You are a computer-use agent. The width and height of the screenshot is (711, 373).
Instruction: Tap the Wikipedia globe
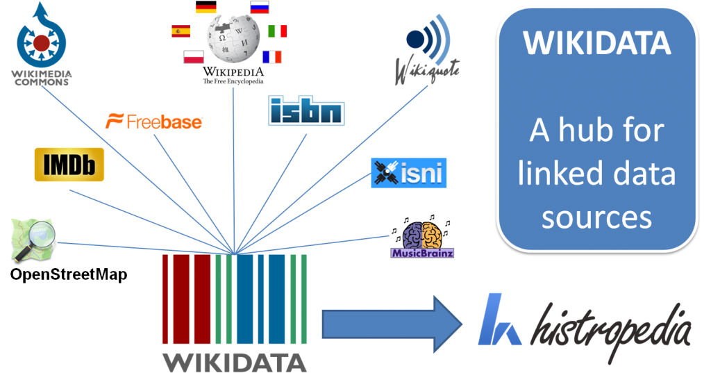[x=233, y=38]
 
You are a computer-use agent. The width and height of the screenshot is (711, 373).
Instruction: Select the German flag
[x=206, y=9]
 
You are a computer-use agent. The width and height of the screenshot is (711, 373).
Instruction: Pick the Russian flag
[x=260, y=8]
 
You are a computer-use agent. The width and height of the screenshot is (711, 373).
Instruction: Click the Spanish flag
[x=181, y=31]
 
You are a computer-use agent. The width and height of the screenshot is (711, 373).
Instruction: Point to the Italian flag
[x=278, y=31]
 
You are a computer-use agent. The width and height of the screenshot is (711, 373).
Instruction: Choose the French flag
[x=271, y=57]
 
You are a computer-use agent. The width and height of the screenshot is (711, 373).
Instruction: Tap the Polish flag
[x=194, y=57]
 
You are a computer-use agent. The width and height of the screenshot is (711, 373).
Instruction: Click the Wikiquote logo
[x=428, y=49]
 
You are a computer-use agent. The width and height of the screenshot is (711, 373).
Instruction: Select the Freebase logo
[x=153, y=122]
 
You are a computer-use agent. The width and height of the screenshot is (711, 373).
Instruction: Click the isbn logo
[x=306, y=110]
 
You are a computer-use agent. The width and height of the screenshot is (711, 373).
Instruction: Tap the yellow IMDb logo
[x=69, y=165]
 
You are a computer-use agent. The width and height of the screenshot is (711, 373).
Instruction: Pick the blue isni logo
[x=408, y=173]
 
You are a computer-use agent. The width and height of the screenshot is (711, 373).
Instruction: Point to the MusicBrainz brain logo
[x=422, y=236]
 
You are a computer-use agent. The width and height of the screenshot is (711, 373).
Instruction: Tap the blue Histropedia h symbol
[x=499, y=320]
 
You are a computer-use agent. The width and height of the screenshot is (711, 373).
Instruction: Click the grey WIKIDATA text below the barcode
[x=235, y=361]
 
